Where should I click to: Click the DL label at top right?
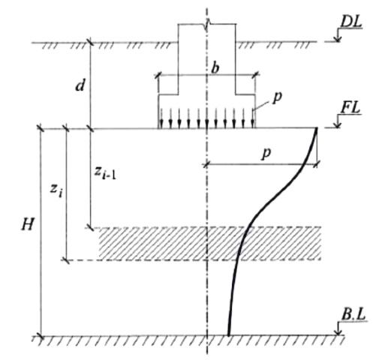351,22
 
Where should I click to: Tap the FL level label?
350,109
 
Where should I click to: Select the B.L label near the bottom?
353,315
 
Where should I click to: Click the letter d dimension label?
80,85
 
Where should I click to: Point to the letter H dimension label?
27,224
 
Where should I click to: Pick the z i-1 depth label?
105,172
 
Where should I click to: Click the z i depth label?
56,191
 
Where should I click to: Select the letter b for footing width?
215,67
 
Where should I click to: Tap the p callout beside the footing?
277,97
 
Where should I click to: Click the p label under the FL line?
266,153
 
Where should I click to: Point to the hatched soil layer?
209,243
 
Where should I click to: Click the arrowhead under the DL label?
338,39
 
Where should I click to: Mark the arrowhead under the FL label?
338,125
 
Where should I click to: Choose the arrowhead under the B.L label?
338,332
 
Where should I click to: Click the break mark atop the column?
207,25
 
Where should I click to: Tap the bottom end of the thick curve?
229,334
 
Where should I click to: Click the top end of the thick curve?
316,128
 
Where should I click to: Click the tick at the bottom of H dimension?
41,335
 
